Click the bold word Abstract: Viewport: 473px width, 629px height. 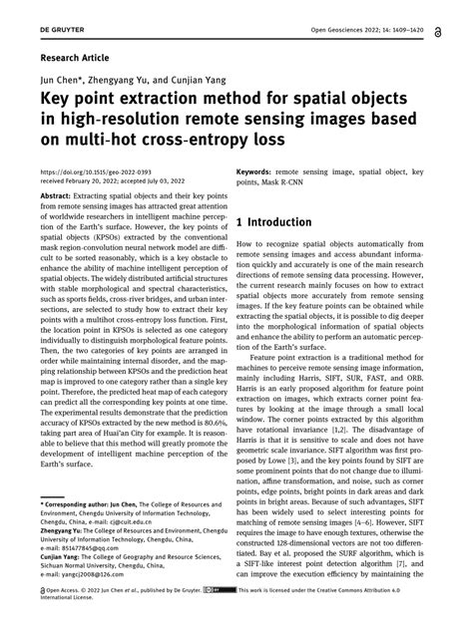[x=62, y=198]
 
